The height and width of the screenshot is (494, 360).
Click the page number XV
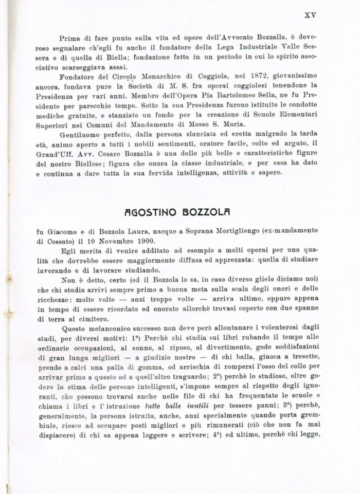(x=310, y=15)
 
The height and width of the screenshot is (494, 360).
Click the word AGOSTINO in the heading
(x=150, y=212)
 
